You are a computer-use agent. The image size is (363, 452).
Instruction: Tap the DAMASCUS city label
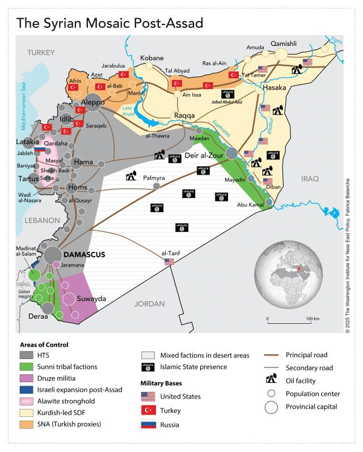coord(84,255)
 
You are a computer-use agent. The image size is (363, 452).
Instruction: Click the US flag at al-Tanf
coord(169,261)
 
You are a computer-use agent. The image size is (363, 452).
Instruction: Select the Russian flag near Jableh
coord(39,150)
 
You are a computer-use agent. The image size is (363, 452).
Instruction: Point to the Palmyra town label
coord(153,177)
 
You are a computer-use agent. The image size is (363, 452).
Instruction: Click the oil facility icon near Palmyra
coord(131,176)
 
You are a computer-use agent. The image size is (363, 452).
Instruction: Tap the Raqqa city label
coord(184,115)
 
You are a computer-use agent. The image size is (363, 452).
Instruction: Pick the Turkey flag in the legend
coord(148,410)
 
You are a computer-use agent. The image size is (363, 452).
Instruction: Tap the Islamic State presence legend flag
coord(148,367)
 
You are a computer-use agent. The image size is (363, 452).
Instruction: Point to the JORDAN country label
coord(149,303)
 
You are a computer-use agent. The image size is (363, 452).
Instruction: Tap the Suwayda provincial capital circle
coord(69,299)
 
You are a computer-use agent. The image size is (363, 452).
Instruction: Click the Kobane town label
coord(151,58)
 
